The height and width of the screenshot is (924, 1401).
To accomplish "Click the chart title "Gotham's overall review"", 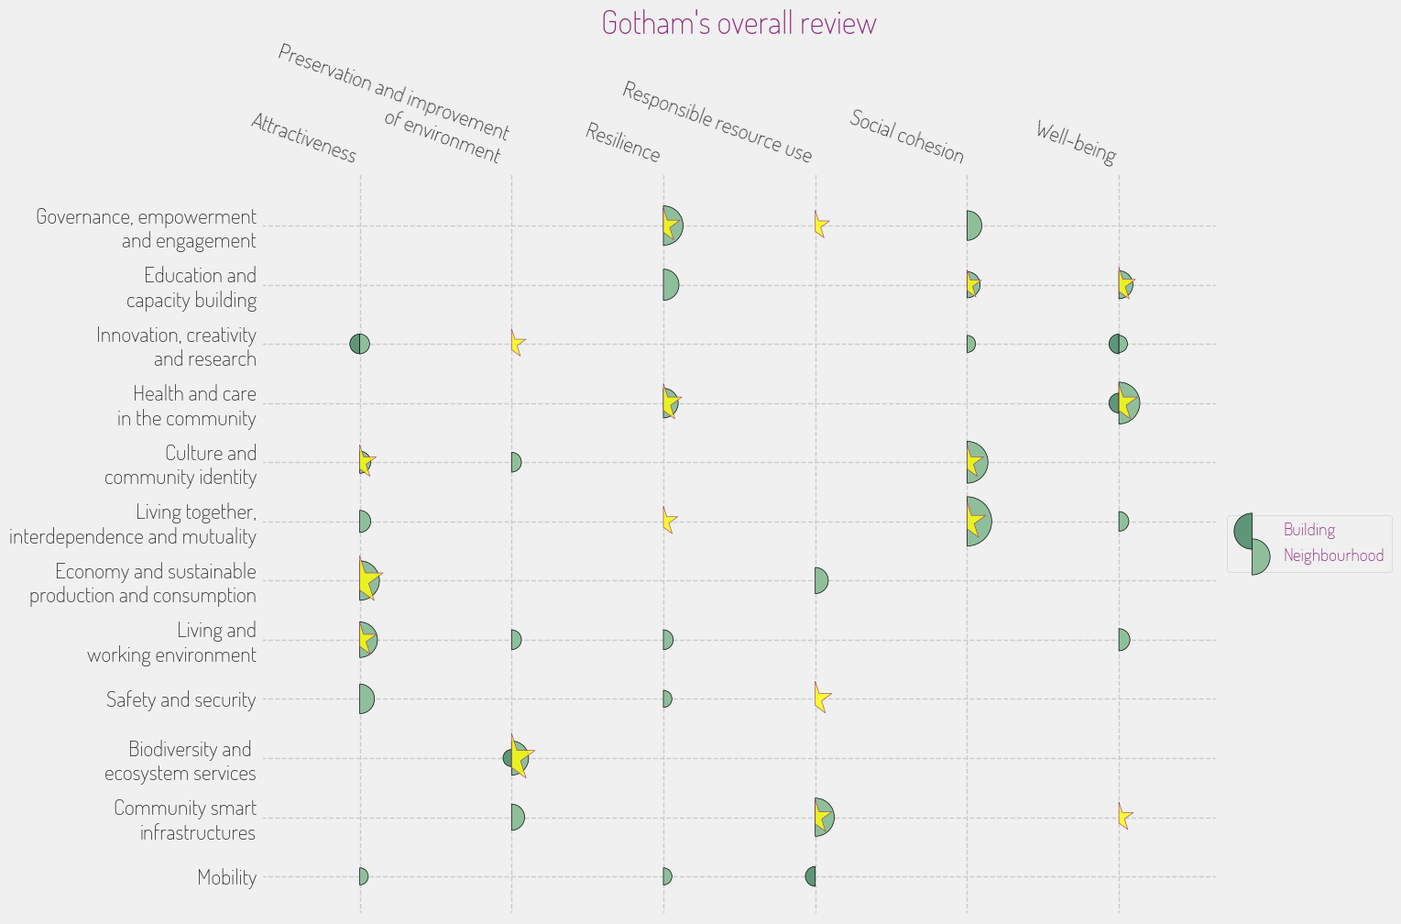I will (739, 23).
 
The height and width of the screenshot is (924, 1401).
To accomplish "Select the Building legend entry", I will (1308, 530).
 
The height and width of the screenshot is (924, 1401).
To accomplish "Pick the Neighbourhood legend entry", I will (1332, 555).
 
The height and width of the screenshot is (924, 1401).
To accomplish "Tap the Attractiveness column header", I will (303, 137).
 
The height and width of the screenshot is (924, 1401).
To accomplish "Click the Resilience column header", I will (623, 142).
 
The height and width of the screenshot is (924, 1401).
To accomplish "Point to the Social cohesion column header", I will (907, 136).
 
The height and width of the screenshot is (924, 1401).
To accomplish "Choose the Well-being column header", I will (1076, 142).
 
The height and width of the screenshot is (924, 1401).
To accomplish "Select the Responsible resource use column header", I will (717, 122).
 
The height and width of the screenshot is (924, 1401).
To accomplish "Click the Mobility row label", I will (227, 877).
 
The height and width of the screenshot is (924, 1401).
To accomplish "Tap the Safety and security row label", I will (181, 700).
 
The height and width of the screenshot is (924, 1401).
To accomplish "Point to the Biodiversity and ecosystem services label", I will (180, 761).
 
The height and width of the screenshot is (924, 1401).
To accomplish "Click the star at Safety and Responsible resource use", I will (821, 698).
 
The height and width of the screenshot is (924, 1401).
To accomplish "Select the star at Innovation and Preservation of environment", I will (517, 344).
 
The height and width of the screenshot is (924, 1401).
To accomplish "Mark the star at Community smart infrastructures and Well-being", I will (1124, 816).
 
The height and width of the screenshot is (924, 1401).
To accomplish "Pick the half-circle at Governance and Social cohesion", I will (973, 225).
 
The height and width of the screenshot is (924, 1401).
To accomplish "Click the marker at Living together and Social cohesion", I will (977, 522).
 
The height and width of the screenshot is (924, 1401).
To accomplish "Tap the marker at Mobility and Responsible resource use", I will (811, 876).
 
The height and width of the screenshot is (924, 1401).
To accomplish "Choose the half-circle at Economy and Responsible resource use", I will (821, 580).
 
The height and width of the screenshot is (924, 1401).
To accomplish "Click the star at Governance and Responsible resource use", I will (821, 225).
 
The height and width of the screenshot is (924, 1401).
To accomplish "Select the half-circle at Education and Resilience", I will (671, 285).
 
